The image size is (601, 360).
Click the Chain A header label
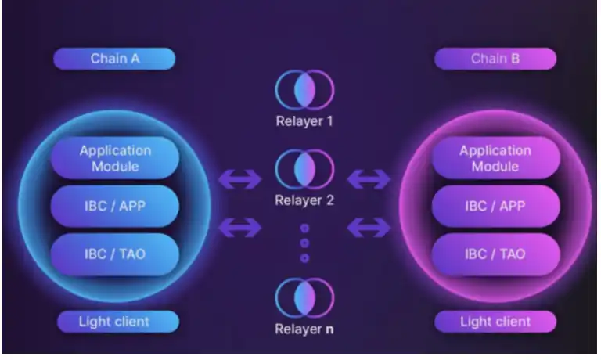click(x=114, y=59)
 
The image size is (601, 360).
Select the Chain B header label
click(x=495, y=59)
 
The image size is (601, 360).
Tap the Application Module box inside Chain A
click(x=115, y=158)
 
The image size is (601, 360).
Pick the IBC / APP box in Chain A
click(x=115, y=207)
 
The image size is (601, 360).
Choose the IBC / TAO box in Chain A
click(x=115, y=254)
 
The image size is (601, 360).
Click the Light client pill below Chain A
click(x=114, y=321)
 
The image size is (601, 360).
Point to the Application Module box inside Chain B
click(x=495, y=158)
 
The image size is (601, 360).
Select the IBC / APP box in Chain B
click(x=495, y=207)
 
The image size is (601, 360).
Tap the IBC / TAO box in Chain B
click(x=495, y=254)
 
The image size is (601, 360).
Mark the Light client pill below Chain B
click(x=495, y=321)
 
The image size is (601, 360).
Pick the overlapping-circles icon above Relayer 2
click(x=304, y=169)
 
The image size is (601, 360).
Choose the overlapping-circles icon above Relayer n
click(x=304, y=298)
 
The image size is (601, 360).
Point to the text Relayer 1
click(x=304, y=121)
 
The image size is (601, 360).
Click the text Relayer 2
click(x=304, y=200)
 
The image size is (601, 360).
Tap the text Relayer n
click(x=304, y=329)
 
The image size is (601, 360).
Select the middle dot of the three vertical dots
click(x=304, y=243)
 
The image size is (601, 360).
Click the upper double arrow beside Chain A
click(x=239, y=180)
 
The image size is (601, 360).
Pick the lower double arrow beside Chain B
click(x=369, y=228)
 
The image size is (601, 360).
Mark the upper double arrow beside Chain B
click(x=369, y=180)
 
